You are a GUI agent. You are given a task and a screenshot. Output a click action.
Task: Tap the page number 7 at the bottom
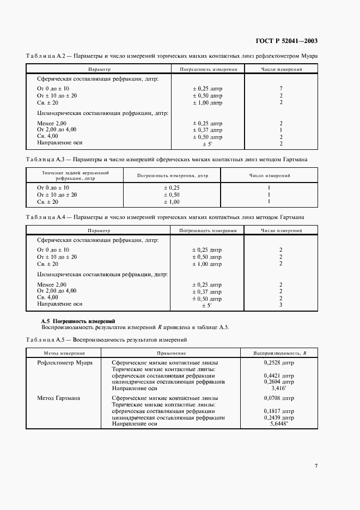click(316, 466)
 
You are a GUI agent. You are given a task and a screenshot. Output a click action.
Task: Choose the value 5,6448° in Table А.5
click(281, 424)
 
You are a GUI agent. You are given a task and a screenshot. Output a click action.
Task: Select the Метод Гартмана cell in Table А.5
click(59, 398)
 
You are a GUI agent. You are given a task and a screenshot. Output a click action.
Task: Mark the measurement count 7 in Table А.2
click(281, 88)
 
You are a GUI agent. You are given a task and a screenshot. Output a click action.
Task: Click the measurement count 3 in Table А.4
click(281, 305)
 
